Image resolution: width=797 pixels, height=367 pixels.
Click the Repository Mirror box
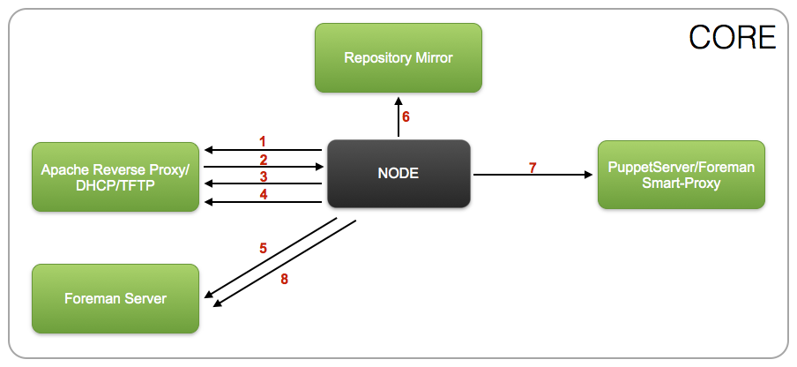tap(398, 58)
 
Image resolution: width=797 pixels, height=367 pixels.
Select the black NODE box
tap(398, 174)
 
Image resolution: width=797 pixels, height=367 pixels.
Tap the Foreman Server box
tap(115, 299)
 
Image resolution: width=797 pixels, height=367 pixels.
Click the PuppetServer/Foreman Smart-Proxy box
tap(682, 175)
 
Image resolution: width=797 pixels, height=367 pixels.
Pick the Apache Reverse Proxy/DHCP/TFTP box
tap(115, 176)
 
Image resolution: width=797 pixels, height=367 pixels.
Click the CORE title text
tap(732, 37)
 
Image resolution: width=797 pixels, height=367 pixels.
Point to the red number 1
tap(262, 141)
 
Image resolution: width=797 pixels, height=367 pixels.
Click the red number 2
tap(262, 160)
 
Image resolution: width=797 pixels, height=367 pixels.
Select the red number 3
tap(262, 177)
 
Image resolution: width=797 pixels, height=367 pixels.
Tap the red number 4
tap(262, 196)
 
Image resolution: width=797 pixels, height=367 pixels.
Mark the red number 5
tap(263, 248)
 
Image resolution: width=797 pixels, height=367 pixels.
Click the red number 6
tap(406, 116)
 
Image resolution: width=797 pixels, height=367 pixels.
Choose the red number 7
tap(532, 167)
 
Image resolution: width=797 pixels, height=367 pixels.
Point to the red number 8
tap(284, 279)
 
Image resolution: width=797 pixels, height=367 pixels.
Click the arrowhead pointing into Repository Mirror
tap(398, 97)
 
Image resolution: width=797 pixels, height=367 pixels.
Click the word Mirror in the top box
tap(432, 58)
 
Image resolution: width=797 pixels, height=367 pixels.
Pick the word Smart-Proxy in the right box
tap(682, 183)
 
